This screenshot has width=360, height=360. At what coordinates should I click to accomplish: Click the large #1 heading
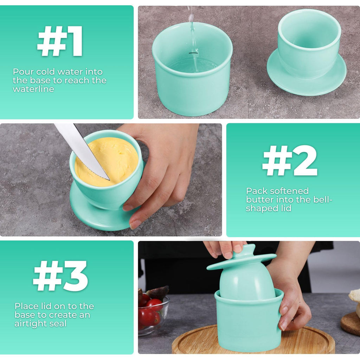(x=60, y=41)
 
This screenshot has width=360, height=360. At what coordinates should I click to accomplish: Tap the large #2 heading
(x=290, y=161)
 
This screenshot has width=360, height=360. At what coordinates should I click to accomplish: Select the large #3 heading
(x=60, y=276)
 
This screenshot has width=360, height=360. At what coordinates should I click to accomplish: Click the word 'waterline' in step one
(x=33, y=89)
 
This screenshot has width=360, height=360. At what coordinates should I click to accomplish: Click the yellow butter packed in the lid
(x=107, y=162)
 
